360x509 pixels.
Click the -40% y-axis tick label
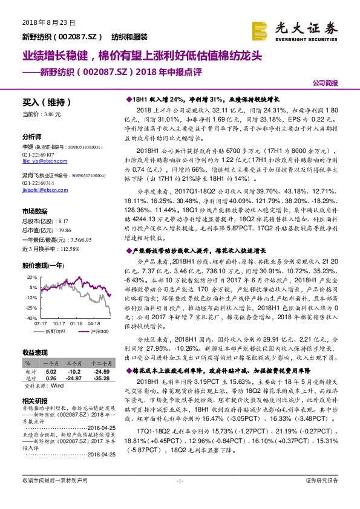pyautogui.click(x=29, y=317)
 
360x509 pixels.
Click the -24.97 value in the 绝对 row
pyautogui.click(x=76, y=378)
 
